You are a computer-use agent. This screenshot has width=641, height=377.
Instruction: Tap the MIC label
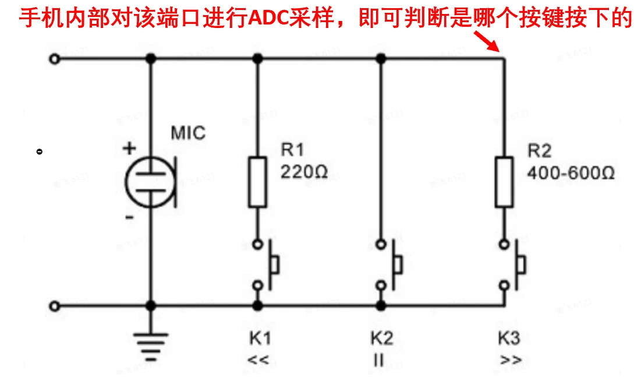[x=188, y=133]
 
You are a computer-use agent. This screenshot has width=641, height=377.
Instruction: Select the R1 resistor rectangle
[x=257, y=182]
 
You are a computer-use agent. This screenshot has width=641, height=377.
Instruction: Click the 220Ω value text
[x=303, y=172]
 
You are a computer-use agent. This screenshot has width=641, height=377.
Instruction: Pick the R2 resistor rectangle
[x=504, y=182]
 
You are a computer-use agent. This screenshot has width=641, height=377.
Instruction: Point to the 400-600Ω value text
[x=571, y=172]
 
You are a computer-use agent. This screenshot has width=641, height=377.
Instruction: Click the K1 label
[x=257, y=338]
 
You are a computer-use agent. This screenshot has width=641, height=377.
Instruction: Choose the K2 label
[x=381, y=338]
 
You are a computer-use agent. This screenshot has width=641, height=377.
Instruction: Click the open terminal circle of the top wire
[x=55, y=59]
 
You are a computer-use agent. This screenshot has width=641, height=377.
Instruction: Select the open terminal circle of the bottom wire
[x=55, y=305]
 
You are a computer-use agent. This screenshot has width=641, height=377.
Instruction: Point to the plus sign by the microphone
[x=129, y=148]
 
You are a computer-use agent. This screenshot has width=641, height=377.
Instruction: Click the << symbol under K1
[x=257, y=360]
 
